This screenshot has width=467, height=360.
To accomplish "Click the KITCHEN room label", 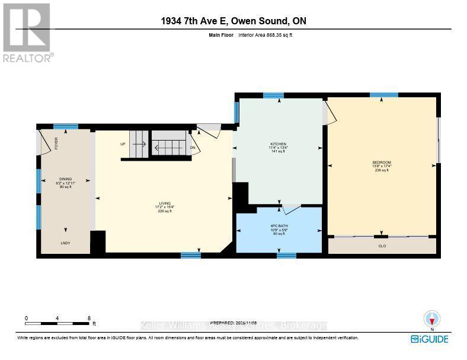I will [x=279, y=144].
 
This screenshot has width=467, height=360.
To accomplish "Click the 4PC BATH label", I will [x=279, y=226].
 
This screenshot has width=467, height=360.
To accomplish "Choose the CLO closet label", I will [x=382, y=246].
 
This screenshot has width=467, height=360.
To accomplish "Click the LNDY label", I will [x=65, y=243].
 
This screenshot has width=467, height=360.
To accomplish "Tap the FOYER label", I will [x=57, y=143].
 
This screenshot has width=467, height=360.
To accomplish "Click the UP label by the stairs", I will [x=123, y=144].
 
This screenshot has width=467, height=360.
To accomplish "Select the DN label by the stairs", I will [x=193, y=148].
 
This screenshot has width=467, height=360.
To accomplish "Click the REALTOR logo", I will [x=27, y=33].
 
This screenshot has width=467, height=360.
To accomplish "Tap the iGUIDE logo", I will [x=430, y=339].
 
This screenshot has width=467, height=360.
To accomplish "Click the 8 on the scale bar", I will [x=88, y=318].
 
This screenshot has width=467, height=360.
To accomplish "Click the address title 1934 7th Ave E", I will [x=233, y=21].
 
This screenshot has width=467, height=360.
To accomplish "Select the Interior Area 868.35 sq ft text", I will [x=266, y=36].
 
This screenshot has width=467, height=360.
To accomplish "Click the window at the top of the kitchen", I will [x=273, y=95].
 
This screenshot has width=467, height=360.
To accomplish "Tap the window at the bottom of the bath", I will [x=286, y=256].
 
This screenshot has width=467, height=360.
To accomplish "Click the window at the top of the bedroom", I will [x=384, y=95].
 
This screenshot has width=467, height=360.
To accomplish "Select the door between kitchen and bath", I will [x=291, y=209].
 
